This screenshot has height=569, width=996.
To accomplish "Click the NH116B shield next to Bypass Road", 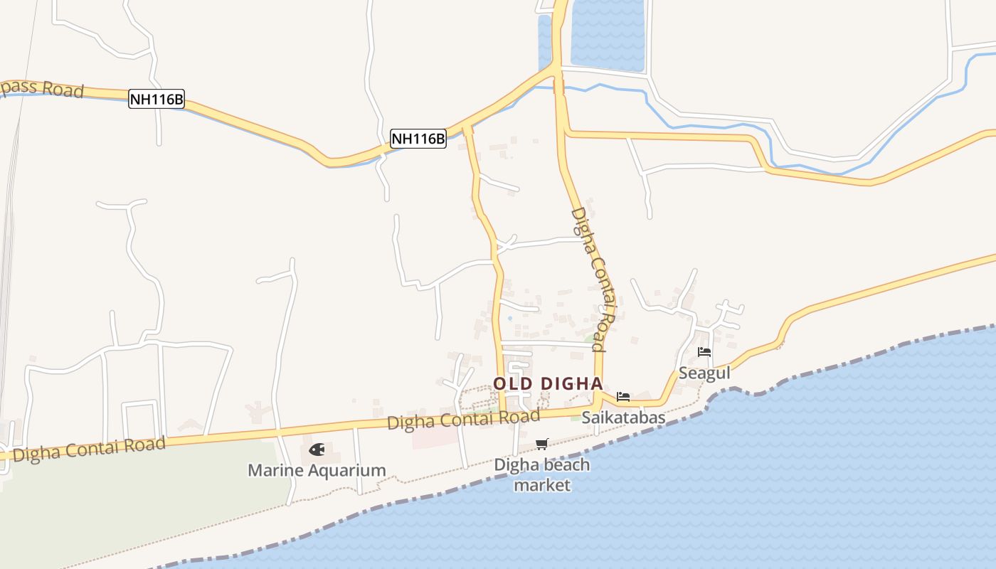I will (156, 99).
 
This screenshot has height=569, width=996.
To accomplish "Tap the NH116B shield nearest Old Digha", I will (418, 138).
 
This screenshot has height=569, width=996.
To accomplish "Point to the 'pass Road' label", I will (42, 88).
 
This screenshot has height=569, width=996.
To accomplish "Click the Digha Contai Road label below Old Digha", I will (463, 420).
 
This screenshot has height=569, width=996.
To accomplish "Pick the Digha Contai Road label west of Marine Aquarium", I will (89, 449).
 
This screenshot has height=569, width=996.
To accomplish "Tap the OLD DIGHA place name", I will (548, 383).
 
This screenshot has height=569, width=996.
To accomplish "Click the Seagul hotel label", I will (704, 373).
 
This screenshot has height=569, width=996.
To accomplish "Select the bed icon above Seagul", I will (704, 352).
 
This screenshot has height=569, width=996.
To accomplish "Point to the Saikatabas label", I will (623, 418).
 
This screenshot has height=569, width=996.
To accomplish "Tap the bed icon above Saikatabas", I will (623, 397).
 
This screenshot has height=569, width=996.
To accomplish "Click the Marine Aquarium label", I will (317, 470).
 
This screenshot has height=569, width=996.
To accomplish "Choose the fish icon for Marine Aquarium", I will (317, 450).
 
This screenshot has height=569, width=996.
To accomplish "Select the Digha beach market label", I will (542, 475).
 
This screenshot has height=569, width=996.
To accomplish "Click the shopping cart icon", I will (542, 445).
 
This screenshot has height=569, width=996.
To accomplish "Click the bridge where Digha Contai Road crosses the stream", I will (558, 87).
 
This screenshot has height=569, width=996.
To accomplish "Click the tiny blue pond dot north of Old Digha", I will (510, 318).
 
